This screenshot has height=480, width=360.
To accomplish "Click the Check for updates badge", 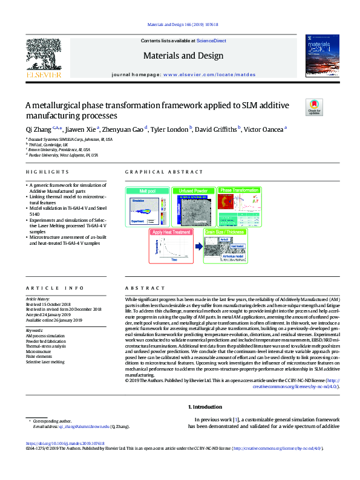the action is point(315,107).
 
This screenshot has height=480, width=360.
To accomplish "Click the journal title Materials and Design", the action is point(180,56).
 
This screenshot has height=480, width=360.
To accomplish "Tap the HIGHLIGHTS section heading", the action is point(39,172).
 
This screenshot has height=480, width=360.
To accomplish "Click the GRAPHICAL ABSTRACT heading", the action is point(156,172).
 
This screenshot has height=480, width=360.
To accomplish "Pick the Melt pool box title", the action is point(148,190).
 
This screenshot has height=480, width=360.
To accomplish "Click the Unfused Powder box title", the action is point(192,190).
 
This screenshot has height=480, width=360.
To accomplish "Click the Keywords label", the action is point(34,331).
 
